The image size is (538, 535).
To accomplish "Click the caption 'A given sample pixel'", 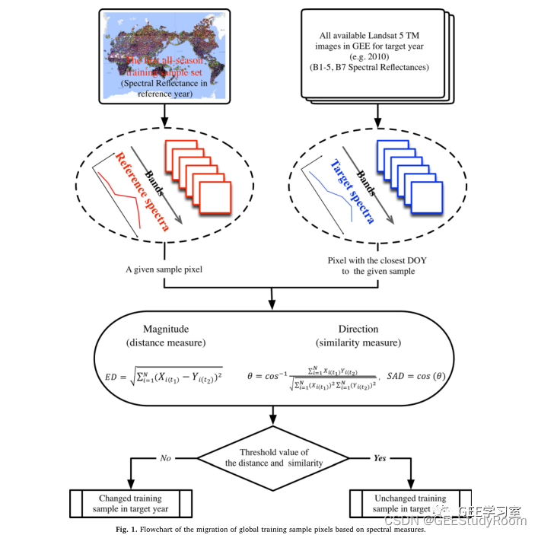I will pyautogui.click(x=165, y=269).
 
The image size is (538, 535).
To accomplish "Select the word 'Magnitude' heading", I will pyautogui.click(x=164, y=329).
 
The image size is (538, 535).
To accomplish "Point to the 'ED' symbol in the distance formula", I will pyautogui.click(x=113, y=377).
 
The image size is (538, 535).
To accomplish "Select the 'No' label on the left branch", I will pyautogui.click(x=166, y=457).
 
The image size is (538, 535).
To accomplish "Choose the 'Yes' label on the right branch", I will pyautogui.click(x=380, y=457).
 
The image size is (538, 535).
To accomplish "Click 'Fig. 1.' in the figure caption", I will pyautogui.click(x=127, y=529).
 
